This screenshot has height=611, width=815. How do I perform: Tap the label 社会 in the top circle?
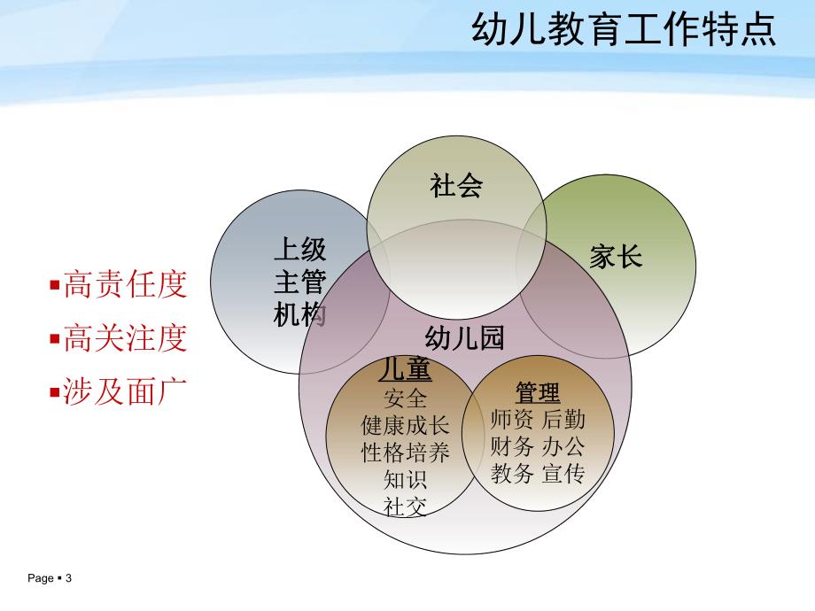click(x=456, y=186)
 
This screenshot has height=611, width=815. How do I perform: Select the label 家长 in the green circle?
click(x=616, y=257)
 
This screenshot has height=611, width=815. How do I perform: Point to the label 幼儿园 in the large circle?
click(x=464, y=337)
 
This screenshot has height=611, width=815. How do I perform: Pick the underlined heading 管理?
click(x=538, y=391)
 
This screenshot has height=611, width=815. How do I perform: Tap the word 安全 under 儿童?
click(x=405, y=398)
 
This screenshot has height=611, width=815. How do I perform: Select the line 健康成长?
click(x=405, y=425)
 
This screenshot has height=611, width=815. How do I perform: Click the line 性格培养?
click(x=405, y=452)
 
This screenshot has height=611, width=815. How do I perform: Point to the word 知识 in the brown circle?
click(x=405, y=480)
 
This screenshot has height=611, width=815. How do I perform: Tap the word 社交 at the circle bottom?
click(x=405, y=507)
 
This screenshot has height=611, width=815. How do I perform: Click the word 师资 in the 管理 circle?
click(x=511, y=420)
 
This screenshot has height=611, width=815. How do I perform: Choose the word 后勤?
click(x=563, y=420)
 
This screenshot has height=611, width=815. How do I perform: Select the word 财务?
click(x=511, y=446)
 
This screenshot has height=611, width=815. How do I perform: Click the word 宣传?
click(x=563, y=474)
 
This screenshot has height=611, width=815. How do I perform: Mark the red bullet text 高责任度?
click(x=125, y=285)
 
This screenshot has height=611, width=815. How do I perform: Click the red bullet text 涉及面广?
click(x=125, y=391)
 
